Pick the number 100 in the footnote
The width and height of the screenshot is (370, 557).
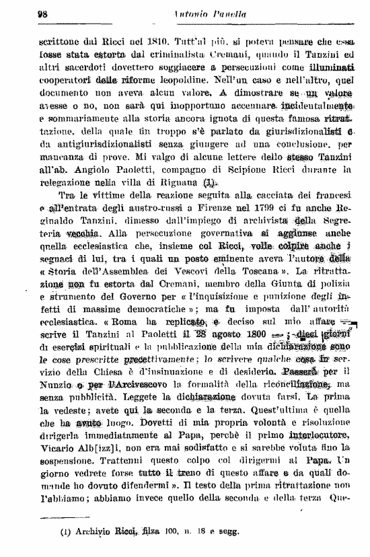tap(173, 535)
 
